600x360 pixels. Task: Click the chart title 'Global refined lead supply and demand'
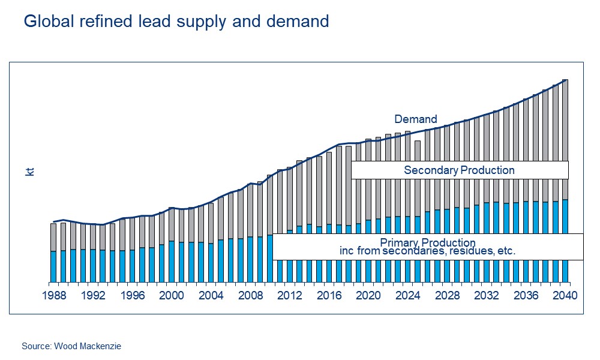coord(176,22)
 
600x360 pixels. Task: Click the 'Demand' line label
coord(415,119)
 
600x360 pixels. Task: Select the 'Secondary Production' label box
coord(459,170)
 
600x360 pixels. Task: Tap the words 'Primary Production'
coord(427,242)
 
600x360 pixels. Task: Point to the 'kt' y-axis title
coord(29,172)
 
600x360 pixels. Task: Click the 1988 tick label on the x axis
coord(53,295)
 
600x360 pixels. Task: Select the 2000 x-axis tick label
coord(171,295)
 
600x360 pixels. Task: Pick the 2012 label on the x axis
coord(289,295)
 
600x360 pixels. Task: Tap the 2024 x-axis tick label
coord(407,295)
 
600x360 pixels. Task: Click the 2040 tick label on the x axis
coord(565,295)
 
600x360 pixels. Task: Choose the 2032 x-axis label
coord(486,295)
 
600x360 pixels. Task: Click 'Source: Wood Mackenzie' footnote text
coord(71,346)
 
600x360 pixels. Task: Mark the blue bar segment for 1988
coord(53,266)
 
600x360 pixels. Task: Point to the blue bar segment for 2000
coord(171,261)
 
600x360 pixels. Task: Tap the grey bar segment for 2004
coord(211,222)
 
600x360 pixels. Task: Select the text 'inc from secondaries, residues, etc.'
coord(427,252)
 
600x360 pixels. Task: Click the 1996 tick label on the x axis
coord(132,295)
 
